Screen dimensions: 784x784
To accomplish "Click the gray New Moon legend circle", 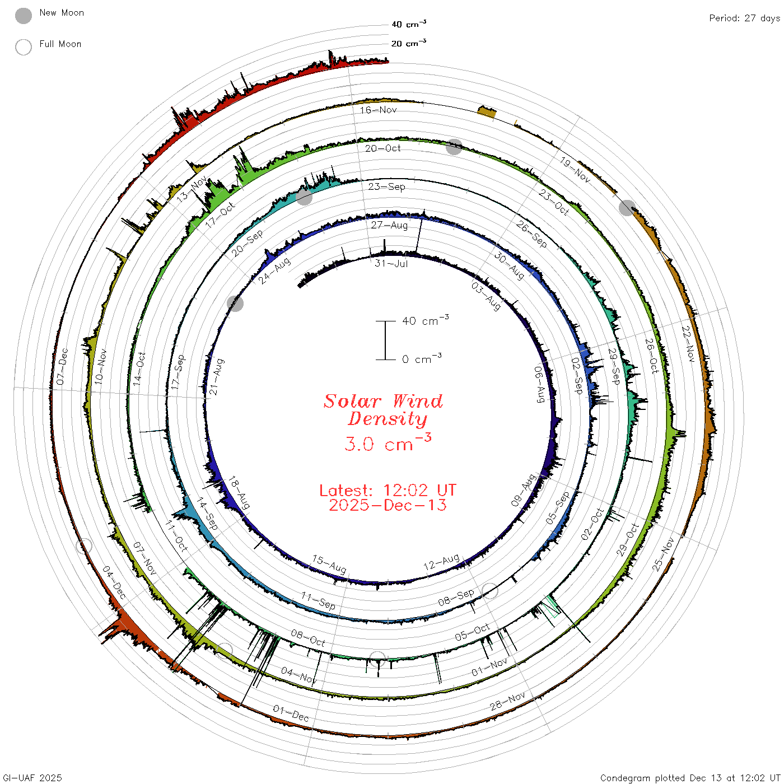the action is click(23, 16).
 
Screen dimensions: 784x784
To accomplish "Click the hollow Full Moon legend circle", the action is click(23, 47).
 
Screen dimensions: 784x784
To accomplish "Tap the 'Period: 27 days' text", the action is click(744, 18).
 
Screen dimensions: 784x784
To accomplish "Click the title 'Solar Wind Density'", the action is click(383, 410).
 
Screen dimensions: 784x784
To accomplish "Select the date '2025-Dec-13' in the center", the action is click(388, 505).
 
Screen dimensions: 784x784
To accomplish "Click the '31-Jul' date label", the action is click(391, 263).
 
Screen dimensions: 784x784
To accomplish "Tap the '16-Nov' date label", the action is click(378, 110).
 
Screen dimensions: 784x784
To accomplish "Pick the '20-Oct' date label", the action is click(382, 148).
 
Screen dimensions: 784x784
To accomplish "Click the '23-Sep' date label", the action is click(386, 186).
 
